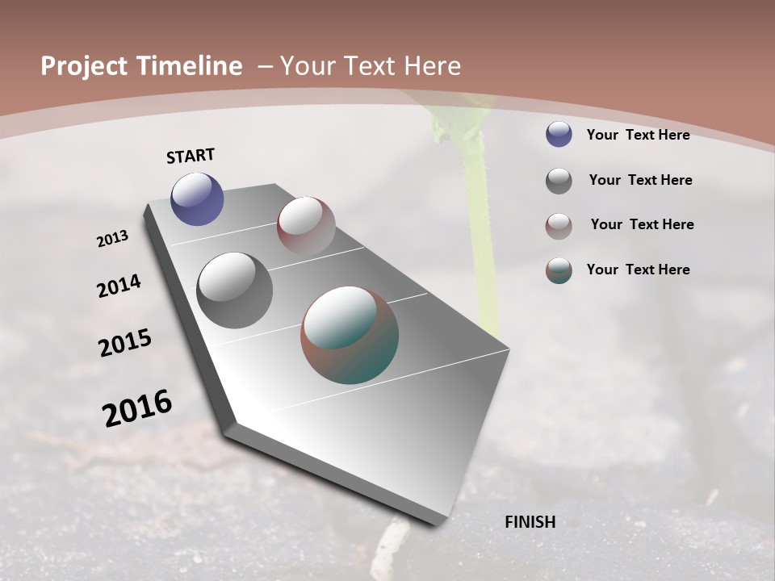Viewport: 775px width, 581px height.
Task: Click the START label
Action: click(191, 156)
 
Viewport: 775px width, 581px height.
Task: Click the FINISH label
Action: click(530, 522)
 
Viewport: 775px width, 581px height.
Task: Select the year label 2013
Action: click(113, 239)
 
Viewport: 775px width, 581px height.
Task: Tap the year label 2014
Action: click(119, 286)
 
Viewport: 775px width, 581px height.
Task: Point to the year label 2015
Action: click(125, 343)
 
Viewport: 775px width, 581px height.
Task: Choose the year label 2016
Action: click(137, 408)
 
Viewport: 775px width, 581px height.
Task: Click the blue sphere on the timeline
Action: click(197, 199)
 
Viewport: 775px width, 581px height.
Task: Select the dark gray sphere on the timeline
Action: click(234, 290)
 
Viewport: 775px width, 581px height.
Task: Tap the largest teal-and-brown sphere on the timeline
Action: click(350, 335)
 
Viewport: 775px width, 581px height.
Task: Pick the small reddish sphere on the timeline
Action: click(306, 226)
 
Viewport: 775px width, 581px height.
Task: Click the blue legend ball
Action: click(559, 134)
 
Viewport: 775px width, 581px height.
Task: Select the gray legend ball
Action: click(559, 181)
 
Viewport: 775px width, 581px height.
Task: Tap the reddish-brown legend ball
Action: click(559, 226)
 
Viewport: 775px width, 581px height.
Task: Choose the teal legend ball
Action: click(559, 270)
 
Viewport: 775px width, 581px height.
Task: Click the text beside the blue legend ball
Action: click(638, 135)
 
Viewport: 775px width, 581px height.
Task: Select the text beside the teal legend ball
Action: click(638, 270)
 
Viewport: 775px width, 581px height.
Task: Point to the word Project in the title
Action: click(84, 66)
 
